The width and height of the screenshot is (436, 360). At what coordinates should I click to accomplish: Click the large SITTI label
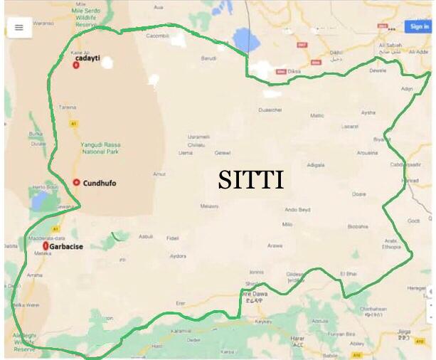tap(250, 179)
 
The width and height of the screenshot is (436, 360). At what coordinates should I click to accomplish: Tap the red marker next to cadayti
tap(76, 66)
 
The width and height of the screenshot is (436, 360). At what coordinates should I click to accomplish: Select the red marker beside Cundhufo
tap(76, 182)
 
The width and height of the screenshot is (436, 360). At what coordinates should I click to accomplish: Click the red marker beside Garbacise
tap(45, 246)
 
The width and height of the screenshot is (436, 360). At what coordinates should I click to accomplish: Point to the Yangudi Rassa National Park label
tap(101, 148)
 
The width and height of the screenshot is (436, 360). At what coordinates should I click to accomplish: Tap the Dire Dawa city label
tap(254, 294)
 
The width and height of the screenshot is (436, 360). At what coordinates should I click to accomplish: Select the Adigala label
tap(315, 165)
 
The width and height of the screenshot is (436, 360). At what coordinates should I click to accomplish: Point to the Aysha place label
tap(368, 112)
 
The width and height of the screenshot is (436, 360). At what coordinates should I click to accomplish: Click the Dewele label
tap(378, 70)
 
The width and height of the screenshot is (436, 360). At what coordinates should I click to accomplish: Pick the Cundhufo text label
tap(100, 183)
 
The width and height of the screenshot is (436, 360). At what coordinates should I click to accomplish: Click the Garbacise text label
tap(66, 246)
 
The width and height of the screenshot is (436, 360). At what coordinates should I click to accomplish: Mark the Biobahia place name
tap(358, 226)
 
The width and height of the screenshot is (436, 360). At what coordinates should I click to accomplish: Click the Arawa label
tap(275, 245)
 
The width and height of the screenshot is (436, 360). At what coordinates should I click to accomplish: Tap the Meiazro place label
tap(209, 206)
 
